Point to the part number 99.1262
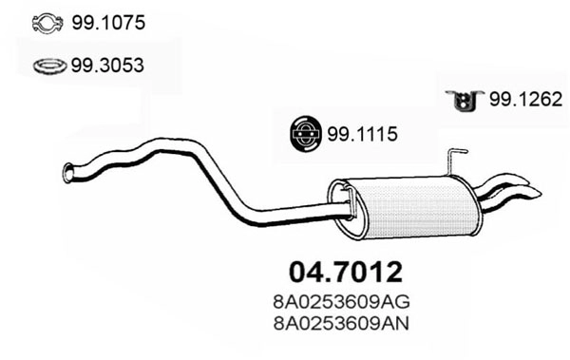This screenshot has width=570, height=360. click(x=526, y=99)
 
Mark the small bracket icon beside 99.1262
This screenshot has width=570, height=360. click(x=465, y=100)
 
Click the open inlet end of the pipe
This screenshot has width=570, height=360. click(x=67, y=173)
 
